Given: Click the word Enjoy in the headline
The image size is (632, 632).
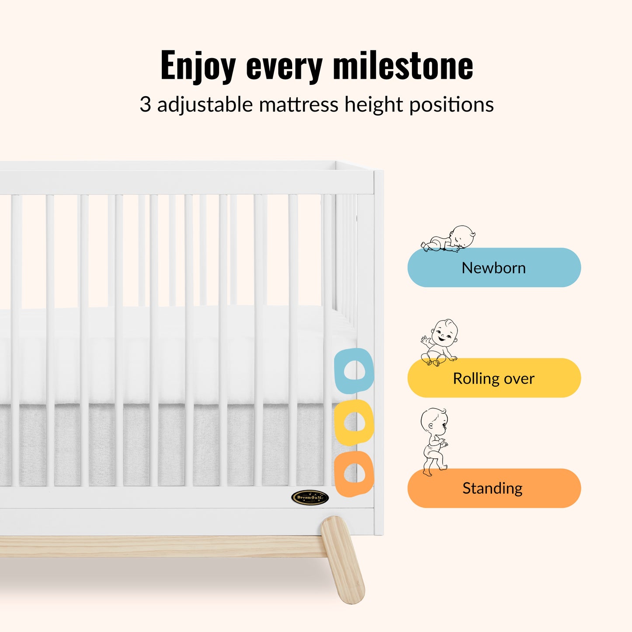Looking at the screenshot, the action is [198, 66].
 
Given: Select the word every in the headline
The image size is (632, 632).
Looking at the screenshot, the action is [284, 68].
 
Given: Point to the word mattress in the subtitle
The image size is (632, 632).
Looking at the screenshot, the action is [298, 105].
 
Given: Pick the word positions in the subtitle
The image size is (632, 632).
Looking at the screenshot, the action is [452, 105].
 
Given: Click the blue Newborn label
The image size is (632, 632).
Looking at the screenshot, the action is [494, 268].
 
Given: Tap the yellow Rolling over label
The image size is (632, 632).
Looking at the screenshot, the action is [494, 378].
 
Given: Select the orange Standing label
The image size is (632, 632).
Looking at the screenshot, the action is [494, 488].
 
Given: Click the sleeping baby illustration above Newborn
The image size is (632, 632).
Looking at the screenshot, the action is [448, 238].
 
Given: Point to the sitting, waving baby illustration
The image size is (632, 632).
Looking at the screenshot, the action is [439, 342].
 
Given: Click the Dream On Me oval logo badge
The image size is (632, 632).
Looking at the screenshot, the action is [310, 498].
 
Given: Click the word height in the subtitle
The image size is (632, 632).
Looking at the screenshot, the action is [374, 105].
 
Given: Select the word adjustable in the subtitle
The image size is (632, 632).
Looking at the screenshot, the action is [205, 105].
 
